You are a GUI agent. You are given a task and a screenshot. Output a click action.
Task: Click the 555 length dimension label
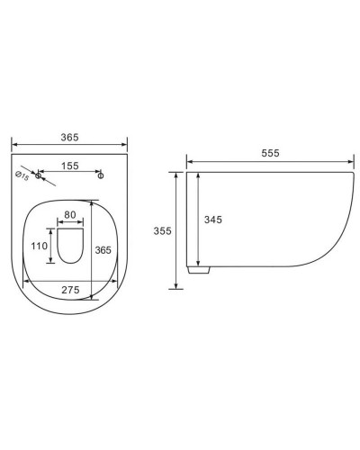click(x=271, y=153)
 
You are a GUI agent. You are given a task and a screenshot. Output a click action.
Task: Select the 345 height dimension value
click(x=213, y=219)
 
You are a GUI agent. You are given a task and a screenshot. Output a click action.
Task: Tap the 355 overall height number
click(x=162, y=231)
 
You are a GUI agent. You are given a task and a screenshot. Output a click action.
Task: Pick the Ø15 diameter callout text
click(x=23, y=177)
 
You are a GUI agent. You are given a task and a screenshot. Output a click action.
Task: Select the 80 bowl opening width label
click(x=70, y=216)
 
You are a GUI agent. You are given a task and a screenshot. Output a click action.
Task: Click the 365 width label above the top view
click(x=69, y=137)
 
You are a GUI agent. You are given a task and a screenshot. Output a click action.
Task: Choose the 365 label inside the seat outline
click(x=103, y=251)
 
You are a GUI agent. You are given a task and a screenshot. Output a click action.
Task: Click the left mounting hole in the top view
click(x=38, y=175)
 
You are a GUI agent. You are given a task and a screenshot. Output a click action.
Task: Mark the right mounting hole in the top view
click(x=101, y=175)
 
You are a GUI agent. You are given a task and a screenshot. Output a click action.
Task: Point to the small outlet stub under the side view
click(x=194, y=267)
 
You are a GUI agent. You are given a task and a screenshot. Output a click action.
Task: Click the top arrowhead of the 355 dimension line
click(x=175, y=173)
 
